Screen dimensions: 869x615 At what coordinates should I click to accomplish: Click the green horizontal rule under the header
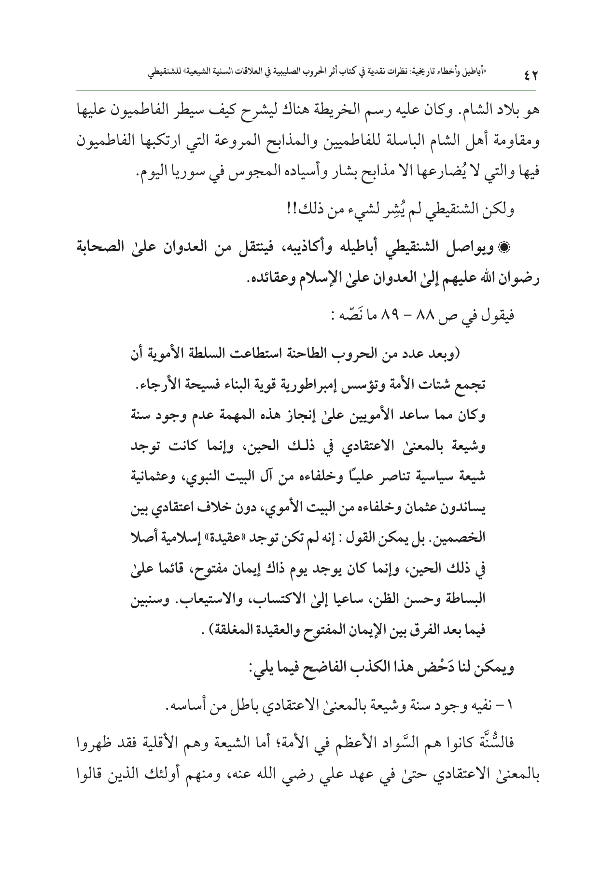[x=307, y=90]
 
